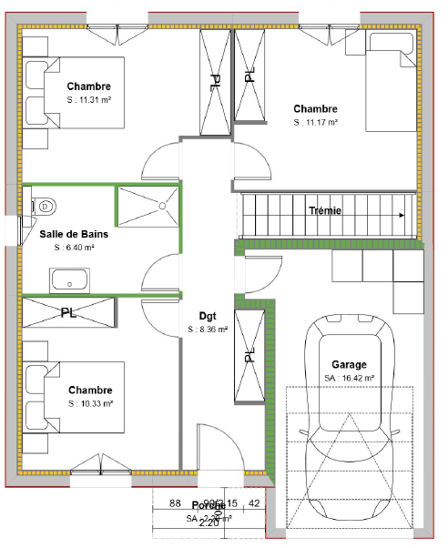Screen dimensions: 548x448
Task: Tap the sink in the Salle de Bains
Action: pyautogui.click(x=69, y=279)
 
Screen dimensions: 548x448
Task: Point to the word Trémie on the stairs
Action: pyautogui.click(x=325, y=210)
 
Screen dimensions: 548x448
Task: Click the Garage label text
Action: pyautogui.click(x=349, y=361)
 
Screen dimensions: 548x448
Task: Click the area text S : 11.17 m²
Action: pyautogui.click(x=315, y=122)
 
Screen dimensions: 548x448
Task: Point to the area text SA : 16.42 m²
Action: pyautogui.click(x=349, y=377)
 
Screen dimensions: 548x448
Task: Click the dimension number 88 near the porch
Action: pyautogui.click(x=176, y=503)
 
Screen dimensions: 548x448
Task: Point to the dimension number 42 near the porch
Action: pyautogui.click(x=254, y=503)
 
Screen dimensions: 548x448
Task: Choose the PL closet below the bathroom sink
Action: pyautogui.click(x=69, y=312)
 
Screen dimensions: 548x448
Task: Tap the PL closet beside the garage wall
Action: pyautogui.click(x=249, y=355)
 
